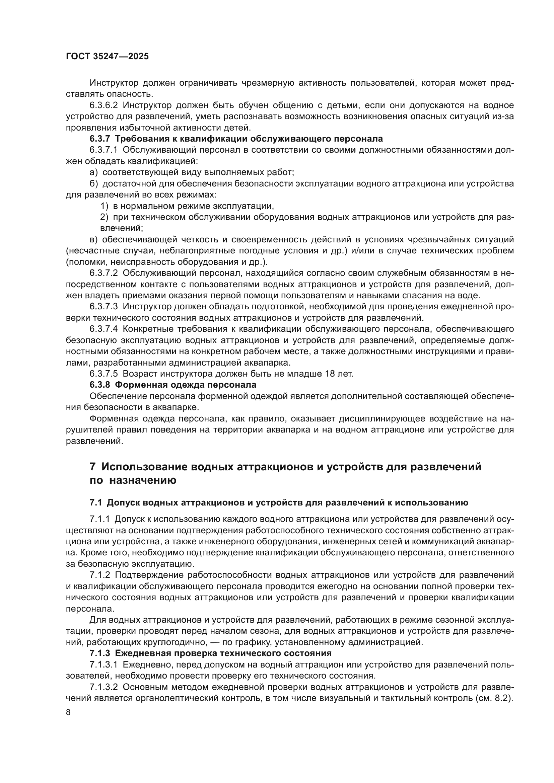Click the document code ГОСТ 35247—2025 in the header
[107, 57]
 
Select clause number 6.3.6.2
[104, 105]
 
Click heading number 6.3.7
[100, 139]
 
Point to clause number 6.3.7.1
[104, 150]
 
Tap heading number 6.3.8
[100, 385]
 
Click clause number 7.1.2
[100, 575]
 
